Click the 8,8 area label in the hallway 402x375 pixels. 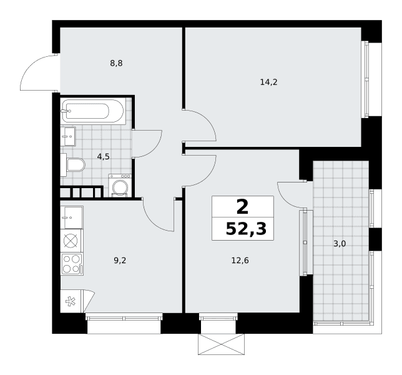(116, 63)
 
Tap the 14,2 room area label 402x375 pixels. (268, 82)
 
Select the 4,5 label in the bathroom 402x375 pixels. (104, 156)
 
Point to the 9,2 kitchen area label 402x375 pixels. (120, 261)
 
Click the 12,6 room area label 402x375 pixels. (240, 261)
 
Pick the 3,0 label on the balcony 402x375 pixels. (340, 244)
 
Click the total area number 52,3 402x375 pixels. (246, 229)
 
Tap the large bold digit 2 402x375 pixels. (243, 207)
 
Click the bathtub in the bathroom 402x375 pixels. (93, 111)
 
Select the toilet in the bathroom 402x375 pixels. (73, 164)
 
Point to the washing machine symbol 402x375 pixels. (120, 186)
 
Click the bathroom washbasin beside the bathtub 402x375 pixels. (68, 136)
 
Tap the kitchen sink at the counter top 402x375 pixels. (72, 217)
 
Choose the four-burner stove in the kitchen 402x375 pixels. (72, 264)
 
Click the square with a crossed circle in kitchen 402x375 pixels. (71, 241)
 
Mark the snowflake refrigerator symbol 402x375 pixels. (71, 301)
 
